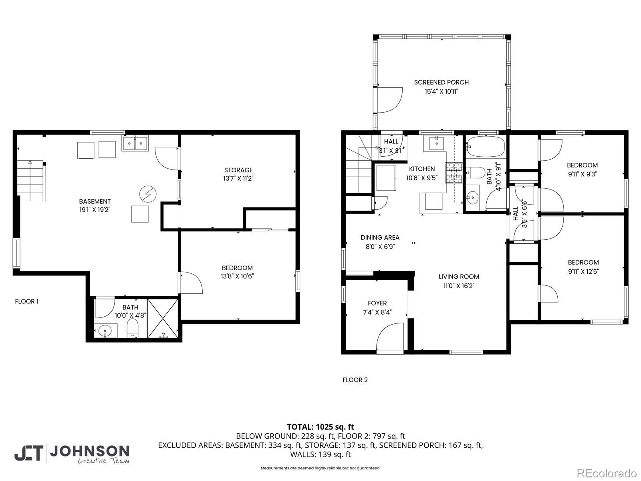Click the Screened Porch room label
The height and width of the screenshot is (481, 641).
441,82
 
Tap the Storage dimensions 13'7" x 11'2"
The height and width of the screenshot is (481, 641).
238,178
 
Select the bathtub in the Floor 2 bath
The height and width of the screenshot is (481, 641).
486,146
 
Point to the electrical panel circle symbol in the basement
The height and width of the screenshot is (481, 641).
148,194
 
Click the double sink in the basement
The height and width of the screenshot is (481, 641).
135,143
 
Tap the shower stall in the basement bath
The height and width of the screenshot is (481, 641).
163,318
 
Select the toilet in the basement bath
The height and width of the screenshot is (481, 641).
133,327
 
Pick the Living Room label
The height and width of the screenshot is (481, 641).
459,277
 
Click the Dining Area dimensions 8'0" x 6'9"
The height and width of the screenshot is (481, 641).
380,247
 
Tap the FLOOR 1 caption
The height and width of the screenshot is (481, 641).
26,301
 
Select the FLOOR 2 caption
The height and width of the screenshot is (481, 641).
355,380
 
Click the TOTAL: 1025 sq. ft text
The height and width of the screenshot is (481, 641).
320,427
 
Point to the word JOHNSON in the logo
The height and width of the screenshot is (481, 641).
90,451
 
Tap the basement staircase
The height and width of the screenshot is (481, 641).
31,180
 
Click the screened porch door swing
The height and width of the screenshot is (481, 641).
389,100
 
